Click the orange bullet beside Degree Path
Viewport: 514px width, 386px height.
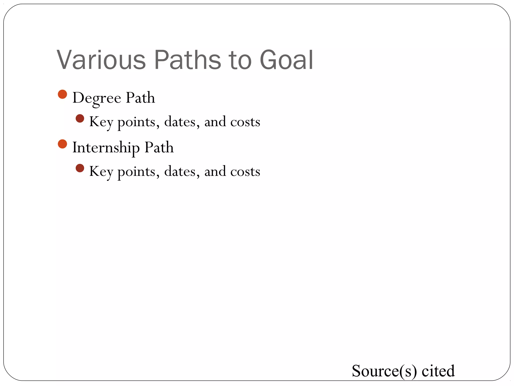click(62, 94)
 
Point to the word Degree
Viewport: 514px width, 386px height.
click(97, 98)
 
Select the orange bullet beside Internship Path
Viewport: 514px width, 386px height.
click(62, 144)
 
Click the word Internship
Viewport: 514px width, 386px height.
click(106, 148)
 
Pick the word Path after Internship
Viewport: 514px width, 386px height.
click(159, 147)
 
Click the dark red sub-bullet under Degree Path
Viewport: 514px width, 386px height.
click(80, 119)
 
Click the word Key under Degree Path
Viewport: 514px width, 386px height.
click(101, 122)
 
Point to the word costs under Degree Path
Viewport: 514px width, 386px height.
click(245, 122)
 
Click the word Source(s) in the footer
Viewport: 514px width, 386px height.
click(384, 371)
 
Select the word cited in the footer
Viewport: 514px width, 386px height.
click(438, 371)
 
